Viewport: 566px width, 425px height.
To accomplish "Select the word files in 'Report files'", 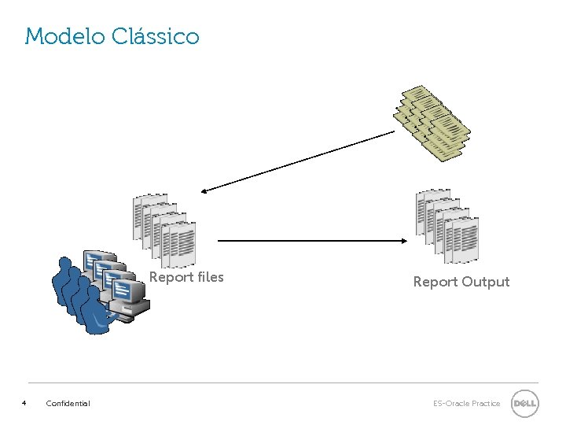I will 208,277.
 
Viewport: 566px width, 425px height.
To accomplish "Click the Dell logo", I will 524,403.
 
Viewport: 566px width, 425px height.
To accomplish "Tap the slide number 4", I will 24,403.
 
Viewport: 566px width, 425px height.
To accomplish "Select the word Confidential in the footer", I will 68,404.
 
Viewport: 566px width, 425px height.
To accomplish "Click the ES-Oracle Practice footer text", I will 466,404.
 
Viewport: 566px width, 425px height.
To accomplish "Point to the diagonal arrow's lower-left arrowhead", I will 204,190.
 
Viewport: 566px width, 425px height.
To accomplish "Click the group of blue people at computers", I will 98,291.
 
